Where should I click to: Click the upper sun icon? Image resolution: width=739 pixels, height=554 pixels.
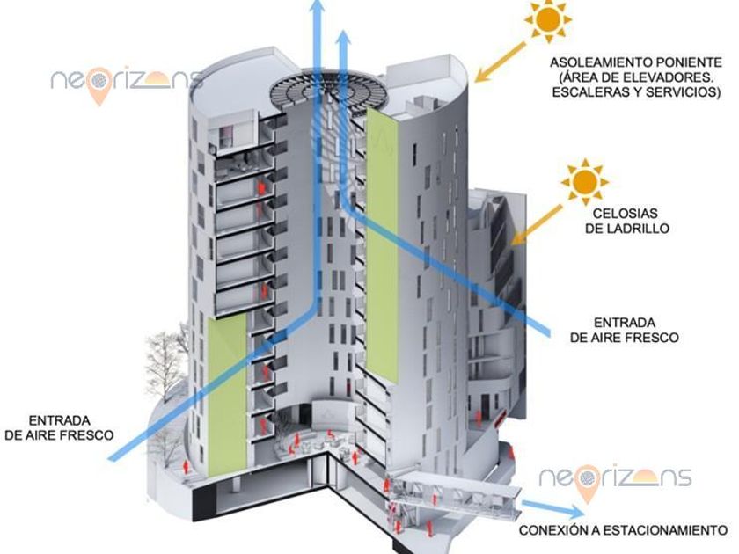548,18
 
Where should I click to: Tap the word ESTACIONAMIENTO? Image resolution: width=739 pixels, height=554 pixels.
668,531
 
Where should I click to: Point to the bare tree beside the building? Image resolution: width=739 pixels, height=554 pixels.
165,369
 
